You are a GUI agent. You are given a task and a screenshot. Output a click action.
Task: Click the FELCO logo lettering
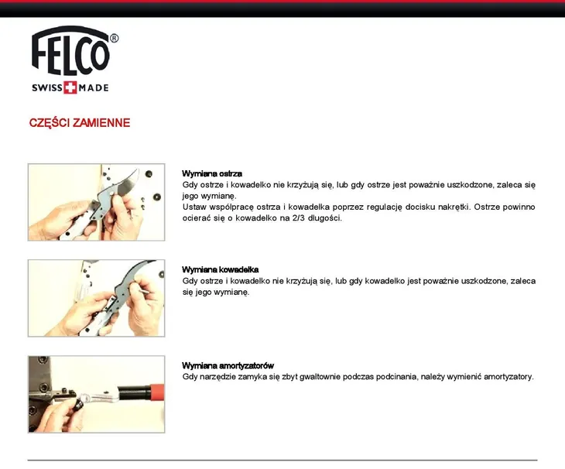tap(70, 52)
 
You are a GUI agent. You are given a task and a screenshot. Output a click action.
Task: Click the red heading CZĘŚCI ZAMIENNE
tap(80, 123)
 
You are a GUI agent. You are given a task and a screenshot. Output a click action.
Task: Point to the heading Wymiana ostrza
tap(211, 173)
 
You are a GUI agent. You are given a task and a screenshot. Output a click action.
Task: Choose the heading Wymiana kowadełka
tap(220, 269)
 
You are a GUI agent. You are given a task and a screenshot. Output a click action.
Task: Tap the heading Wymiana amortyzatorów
tap(228, 365)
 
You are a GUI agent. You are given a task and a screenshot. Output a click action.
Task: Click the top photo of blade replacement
tap(96, 201)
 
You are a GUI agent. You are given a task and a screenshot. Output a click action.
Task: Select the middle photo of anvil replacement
tap(96, 298)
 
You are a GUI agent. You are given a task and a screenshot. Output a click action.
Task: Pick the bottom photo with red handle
tap(96, 394)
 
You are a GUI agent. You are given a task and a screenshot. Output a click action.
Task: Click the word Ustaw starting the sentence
tap(194, 207)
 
